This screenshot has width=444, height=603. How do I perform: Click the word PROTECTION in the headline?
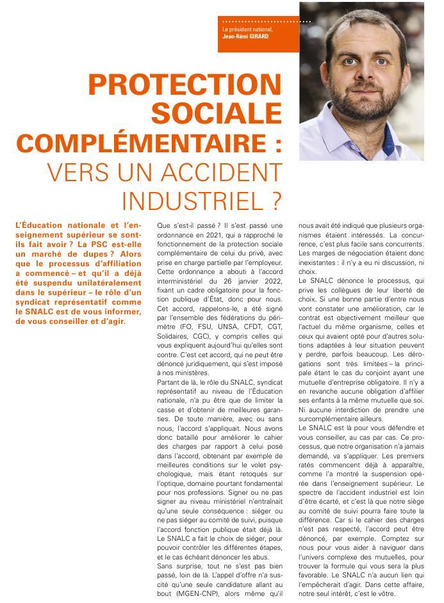pyautogui.click(x=185, y=84)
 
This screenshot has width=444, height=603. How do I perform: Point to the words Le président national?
pyautogui.click(x=247, y=29)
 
